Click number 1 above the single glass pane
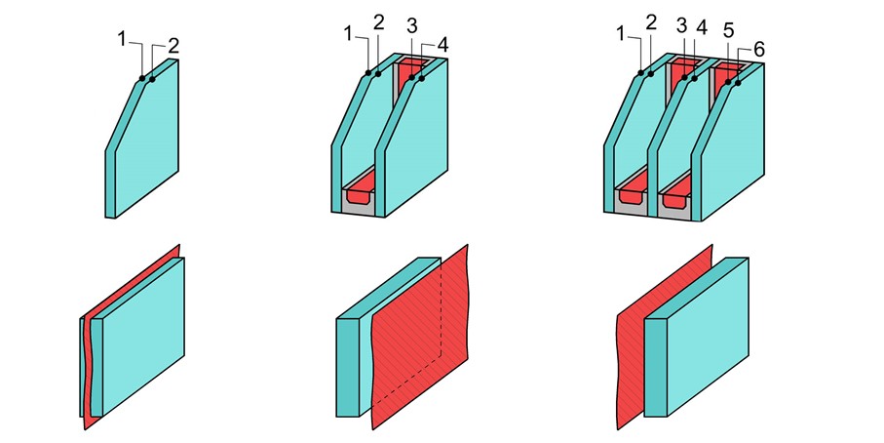coord(122,39)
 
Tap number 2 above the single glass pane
coord(173,46)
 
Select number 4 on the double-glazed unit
coord(442,45)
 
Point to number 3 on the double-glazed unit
coord(412,26)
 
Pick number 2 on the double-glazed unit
coord(379,22)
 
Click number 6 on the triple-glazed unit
coord(759,50)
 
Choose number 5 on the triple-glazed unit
coord(728,30)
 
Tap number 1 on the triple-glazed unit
coord(622,34)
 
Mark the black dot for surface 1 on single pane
coord(142,78)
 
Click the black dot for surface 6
coord(738,84)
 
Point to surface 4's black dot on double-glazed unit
coord(422,78)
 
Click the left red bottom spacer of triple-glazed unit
coord(632,193)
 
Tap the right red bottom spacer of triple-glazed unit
coord(675,192)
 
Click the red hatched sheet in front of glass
coord(420,338)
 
